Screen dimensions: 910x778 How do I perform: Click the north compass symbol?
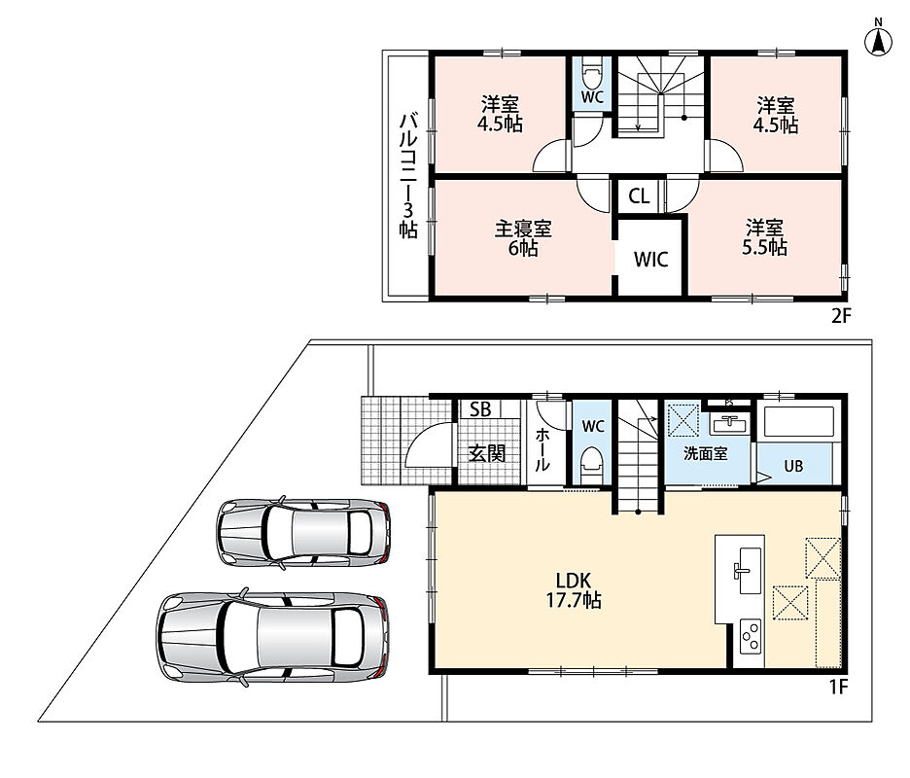coord(878,40)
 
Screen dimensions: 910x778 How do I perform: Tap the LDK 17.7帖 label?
coord(574,589)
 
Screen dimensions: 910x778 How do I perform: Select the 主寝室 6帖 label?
coord(523,238)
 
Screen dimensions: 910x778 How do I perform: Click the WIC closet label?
coord(651,260)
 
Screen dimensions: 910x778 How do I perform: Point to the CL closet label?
coord(639,196)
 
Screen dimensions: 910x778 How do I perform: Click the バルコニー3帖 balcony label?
coord(408,176)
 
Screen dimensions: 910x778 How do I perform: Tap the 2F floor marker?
coord(841,316)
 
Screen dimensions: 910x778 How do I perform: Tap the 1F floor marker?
coord(838,687)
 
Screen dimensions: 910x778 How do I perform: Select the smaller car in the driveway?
coord(303,531)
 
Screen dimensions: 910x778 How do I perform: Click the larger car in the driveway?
coord(273,637)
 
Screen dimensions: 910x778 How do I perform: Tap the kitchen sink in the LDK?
coord(748,570)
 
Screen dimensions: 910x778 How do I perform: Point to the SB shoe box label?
coord(480,409)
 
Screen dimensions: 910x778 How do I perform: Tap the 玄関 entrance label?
coord(487,453)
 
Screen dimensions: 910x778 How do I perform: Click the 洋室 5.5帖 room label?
coord(765,237)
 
